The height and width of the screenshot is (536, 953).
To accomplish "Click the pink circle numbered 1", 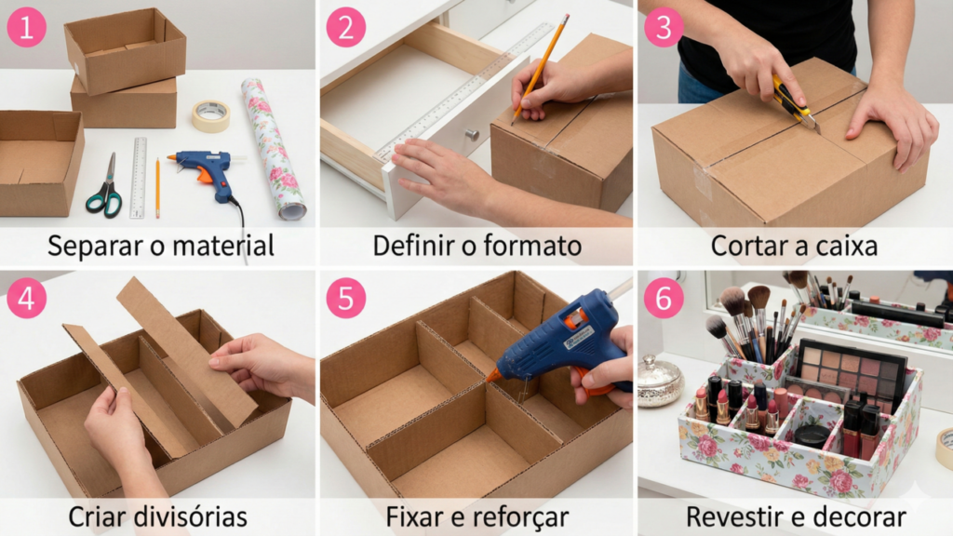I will point(26,28).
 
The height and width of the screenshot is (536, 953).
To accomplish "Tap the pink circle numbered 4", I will point(26,299).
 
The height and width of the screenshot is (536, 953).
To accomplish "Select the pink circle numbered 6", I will point(664,299).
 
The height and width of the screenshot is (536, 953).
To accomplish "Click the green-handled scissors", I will point(105,190).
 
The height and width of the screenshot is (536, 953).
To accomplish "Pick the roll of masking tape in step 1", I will point(211,116).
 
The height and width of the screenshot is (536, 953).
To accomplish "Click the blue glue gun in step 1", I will point(207,172).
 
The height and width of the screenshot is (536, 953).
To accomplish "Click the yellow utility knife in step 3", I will point(793,101).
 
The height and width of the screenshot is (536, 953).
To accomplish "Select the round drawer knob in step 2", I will point(472,134).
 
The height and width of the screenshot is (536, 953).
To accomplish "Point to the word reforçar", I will point(521,516).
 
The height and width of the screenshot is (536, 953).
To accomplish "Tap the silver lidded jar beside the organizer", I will point(661,382).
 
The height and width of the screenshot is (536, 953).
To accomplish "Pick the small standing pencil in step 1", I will point(157,187).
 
